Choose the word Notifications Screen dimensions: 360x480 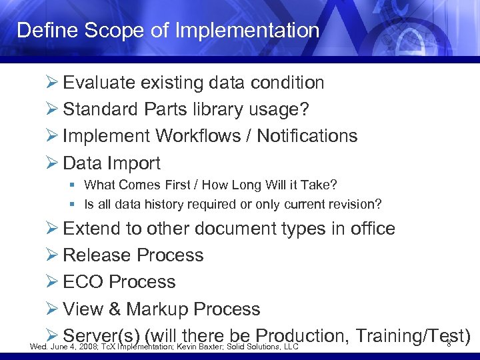pyautogui.click(x=307, y=136)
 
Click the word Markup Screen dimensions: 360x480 pyautogui.click(x=158, y=309)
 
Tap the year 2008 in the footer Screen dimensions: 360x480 pyautogui.click(x=85, y=347)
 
